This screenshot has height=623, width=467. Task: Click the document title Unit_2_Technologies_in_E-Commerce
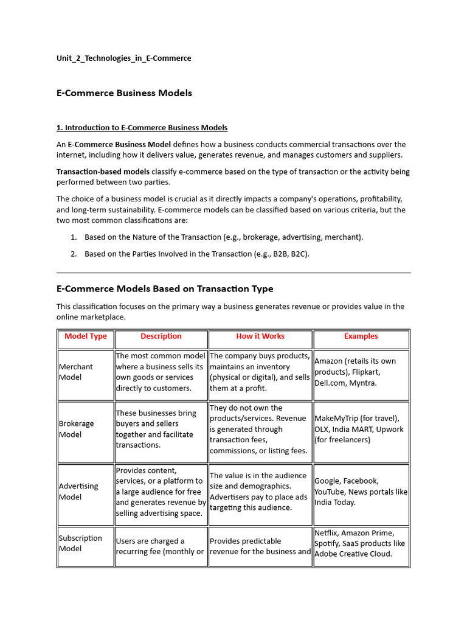click(x=123, y=58)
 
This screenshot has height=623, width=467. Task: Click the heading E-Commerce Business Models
click(x=124, y=93)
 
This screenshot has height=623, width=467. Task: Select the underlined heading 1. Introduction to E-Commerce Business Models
click(x=142, y=128)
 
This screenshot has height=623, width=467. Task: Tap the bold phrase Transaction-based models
click(x=103, y=172)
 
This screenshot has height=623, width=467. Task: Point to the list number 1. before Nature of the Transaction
click(x=74, y=237)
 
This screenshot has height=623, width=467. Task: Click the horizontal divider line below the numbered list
click(x=233, y=273)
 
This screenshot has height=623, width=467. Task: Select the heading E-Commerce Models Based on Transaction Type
click(x=165, y=289)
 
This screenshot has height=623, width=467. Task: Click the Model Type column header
click(x=86, y=336)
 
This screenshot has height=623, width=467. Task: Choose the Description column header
click(x=161, y=336)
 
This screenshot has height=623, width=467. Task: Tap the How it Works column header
click(x=260, y=336)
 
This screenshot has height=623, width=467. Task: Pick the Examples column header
click(x=361, y=336)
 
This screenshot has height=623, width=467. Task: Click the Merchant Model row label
click(x=76, y=372)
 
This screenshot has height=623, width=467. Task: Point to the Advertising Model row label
click(x=78, y=492)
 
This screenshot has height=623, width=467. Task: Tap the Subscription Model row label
click(x=80, y=543)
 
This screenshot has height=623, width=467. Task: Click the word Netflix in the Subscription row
click(x=328, y=533)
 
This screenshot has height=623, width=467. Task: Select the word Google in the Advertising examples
click(x=329, y=481)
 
